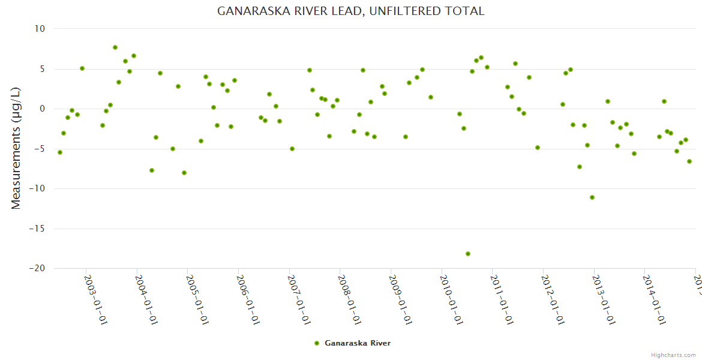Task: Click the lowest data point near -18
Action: coord(468,254)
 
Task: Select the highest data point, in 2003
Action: coord(115,47)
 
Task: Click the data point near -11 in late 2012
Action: coord(592,197)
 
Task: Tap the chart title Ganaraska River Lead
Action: coord(350,11)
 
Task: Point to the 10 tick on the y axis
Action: coord(40,29)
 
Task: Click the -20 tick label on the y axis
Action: coord(37,269)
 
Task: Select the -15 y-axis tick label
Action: coord(37,229)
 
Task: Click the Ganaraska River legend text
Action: coord(358,343)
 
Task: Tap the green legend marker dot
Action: coord(317,343)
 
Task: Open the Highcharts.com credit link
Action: coord(673,355)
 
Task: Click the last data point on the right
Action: coord(689,161)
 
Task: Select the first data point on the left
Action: coord(60,152)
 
